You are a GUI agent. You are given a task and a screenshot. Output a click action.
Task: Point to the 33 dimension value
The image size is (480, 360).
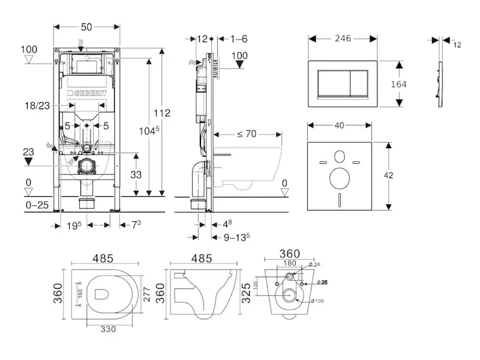(137, 175)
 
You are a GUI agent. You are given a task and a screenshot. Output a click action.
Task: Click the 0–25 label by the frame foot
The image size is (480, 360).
(38, 205)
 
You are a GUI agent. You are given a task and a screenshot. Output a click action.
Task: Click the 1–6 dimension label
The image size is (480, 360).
(239, 39)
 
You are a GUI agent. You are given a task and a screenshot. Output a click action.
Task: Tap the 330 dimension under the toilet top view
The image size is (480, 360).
(107, 328)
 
